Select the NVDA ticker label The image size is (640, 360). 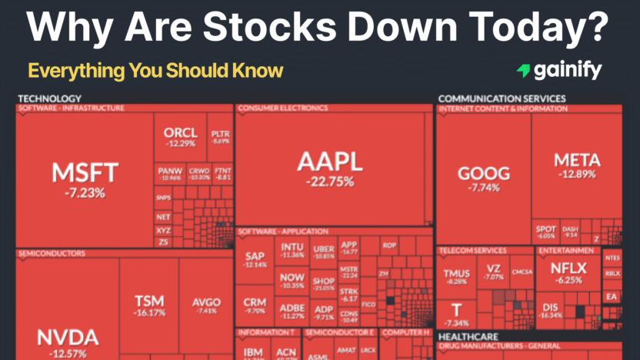(x=69, y=337)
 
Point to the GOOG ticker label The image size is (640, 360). (x=483, y=173)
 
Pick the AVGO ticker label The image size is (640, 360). (x=206, y=302)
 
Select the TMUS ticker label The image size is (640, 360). (x=457, y=273)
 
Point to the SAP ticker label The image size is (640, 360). (x=255, y=255)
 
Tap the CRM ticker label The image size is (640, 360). (x=255, y=302)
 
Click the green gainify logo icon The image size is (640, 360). (x=524, y=71)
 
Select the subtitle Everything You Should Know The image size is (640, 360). (x=155, y=72)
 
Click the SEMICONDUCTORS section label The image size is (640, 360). (x=51, y=252)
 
